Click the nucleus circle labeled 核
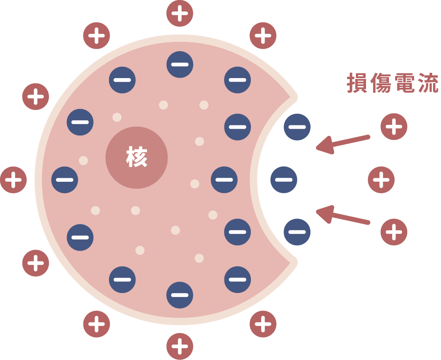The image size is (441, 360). pos(137,158)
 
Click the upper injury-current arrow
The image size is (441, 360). pos(343,143)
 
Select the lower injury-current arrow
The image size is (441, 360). pos(343,216)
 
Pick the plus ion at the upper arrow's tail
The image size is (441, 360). pos(394,127)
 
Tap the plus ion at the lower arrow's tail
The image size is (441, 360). pos(394,232)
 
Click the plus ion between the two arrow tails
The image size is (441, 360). pos(381,180)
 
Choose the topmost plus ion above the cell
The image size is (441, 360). pos(179,13)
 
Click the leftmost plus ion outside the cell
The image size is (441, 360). pos(14,180)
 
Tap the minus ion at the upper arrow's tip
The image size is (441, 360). pos(297,127)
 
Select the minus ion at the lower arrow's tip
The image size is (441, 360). pos(297,232)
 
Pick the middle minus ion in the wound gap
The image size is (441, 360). pos(284,180)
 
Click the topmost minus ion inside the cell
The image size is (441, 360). pos(179,64)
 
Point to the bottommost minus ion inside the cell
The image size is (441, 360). pos(179,295)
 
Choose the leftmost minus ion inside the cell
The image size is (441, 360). pos(65,180)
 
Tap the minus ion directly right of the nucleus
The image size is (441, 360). pos(224,180)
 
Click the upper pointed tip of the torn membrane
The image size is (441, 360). pos(293,96)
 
